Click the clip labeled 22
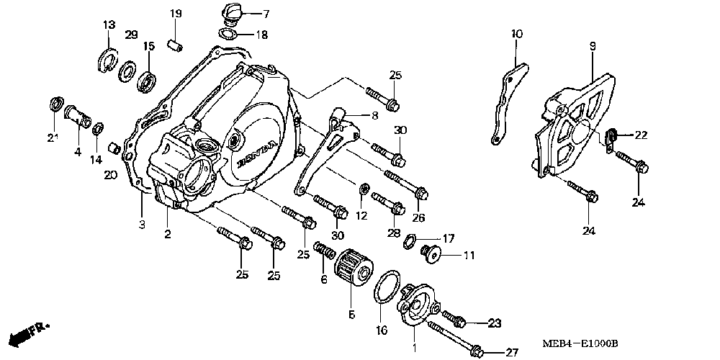pyautogui.click(x=611, y=134)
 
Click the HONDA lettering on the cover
pyautogui.click(x=257, y=148)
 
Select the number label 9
pyautogui.click(x=592, y=45)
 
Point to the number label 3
pyautogui.click(x=142, y=225)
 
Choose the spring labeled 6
pyautogui.click(x=325, y=254)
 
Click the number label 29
pyautogui.click(x=132, y=35)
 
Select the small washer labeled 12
pyautogui.click(x=364, y=190)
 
